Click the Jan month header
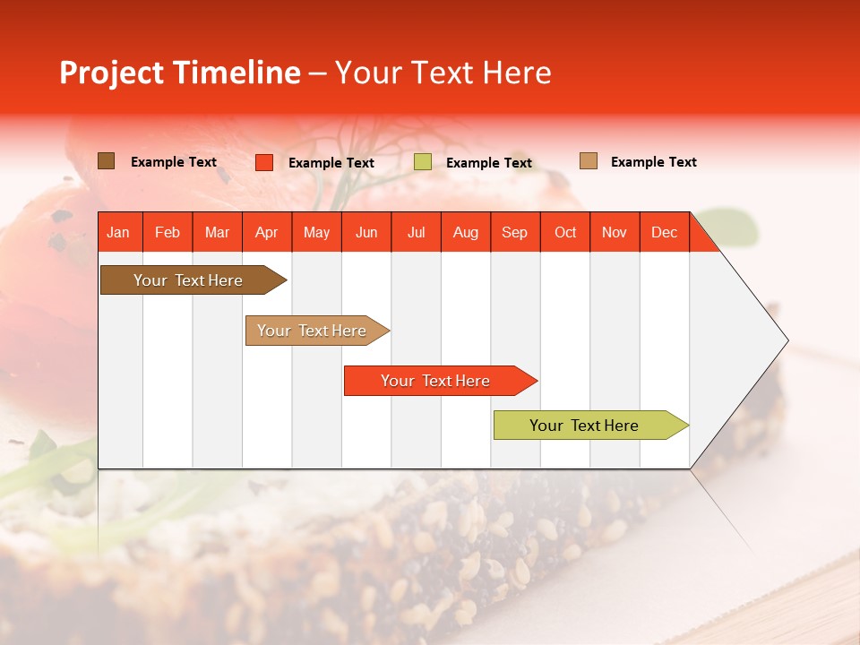(x=119, y=232)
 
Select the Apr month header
(x=267, y=232)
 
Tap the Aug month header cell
(x=466, y=232)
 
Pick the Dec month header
(x=664, y=232)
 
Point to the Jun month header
(x=366, y=232)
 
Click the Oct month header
(x=565, y=232)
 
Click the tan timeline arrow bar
(x=314, y=331)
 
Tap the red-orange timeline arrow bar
(x=436, y=381)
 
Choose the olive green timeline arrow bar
(x=586, y=426)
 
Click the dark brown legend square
(x=107, y=161)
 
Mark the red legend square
(x=264, y=162)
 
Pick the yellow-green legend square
(x=423, y=162)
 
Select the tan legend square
(x=589, y=161)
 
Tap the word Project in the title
(x=112, y=73)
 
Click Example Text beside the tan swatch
(x=653, y=162)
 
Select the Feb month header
(x=168, y=232)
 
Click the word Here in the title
(x=517, y=73)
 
